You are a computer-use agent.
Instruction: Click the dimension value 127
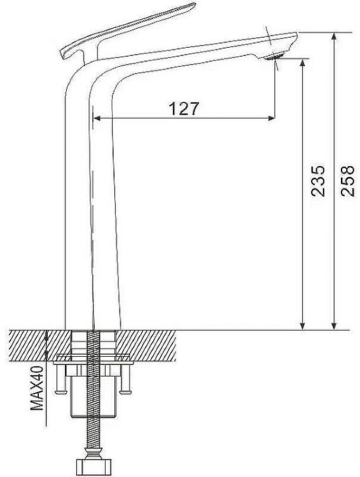[184, 109]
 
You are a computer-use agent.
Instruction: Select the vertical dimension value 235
[318, 181]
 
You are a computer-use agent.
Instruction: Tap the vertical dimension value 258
[348, 181]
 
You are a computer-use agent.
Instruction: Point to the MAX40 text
[37, 388]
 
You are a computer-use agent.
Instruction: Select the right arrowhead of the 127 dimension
[271, 118]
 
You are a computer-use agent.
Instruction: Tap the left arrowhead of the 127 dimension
[97, 118]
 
